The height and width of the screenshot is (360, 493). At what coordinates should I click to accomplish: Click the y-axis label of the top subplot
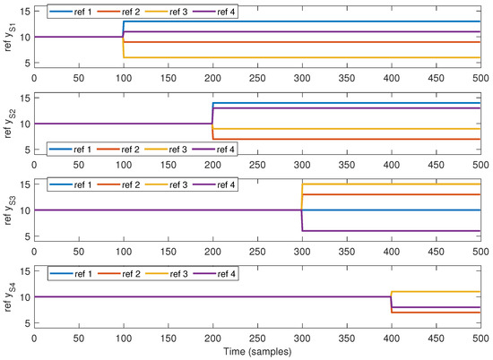pyautogui.click(x=11, y=37)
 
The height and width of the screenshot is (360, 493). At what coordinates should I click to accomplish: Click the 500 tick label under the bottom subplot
pyautogui.click(x=479, y=339)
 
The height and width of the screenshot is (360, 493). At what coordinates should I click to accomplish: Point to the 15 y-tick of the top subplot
pyautogui.click(x=25, y=11)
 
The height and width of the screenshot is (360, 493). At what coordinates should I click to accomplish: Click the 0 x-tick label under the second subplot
pyautogui.click(x=34, y=166)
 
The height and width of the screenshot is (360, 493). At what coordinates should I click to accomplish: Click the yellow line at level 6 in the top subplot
pyautogui.click(x=287, y=57)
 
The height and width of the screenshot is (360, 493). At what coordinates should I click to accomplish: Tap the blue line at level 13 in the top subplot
pyautogui.click(x=287, y=21)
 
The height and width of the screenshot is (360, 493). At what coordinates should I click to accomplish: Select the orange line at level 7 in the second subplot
pyautogui.click(x=341, y=139)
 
